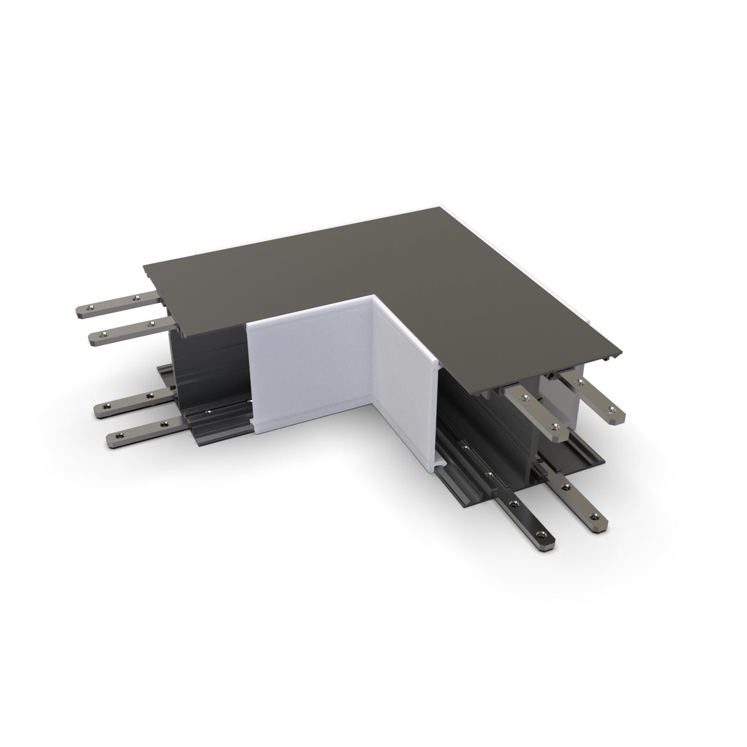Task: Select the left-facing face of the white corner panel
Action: [308, 363]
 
